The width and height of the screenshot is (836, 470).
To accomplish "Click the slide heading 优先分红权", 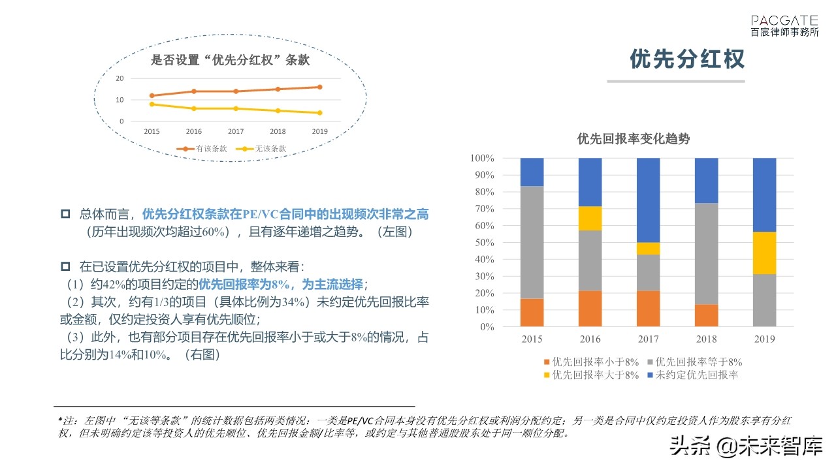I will (687, 59).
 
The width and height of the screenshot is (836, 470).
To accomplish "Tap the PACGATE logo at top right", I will (784, 25).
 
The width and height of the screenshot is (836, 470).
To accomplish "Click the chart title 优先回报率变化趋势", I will (633, 138).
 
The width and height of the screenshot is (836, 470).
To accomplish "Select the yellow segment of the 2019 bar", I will (764, 253).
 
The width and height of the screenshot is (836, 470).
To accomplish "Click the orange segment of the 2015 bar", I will (532, 312).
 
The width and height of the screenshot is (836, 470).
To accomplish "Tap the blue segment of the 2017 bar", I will (648, 200).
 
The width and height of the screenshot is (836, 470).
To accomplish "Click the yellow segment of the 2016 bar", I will (590, 219).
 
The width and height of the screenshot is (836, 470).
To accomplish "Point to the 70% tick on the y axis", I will (483, 209).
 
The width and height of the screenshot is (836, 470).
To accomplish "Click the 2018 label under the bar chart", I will (706, 339).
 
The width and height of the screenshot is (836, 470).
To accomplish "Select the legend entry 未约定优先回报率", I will (692, 375).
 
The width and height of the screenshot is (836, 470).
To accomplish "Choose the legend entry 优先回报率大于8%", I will (590, 375).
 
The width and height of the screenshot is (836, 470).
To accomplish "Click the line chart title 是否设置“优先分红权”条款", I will (230, 61).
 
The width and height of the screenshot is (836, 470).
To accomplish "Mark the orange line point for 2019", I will (319, 87).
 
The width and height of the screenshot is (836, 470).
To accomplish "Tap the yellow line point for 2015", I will (152, 104).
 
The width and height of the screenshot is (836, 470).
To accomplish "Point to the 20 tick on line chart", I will (120, 78).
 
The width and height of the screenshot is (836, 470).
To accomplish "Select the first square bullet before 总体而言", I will (65, 214).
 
